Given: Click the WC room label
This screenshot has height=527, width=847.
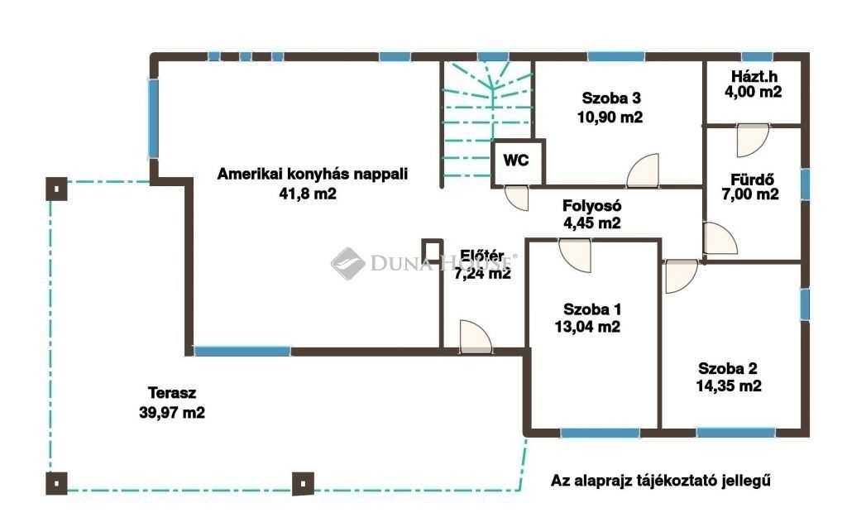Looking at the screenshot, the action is (x=516, y=160).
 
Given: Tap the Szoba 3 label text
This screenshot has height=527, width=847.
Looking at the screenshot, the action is (x=611, y=98).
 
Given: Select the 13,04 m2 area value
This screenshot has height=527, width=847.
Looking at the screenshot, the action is (x=587, y=327).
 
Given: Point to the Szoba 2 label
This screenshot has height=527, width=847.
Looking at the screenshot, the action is (x=728, y=368).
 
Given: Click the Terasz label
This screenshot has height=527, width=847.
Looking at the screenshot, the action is (x=172, y=392).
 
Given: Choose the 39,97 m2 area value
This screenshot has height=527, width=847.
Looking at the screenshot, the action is (x=172, y=412).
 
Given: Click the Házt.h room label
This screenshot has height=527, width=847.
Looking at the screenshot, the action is (x=754, y=75).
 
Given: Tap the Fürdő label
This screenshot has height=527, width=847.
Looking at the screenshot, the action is (x=752, y=179).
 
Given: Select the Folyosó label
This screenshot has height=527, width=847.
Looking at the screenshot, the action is (x=592, y=205).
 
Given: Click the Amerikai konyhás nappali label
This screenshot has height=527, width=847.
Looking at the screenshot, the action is (x=312, y=174).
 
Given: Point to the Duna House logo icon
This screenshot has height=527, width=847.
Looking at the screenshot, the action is (x=347, y=263).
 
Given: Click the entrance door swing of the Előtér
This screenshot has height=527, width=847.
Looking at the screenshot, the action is (x=476, y=338).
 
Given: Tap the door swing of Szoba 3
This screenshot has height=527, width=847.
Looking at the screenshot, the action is (x=643, y=170).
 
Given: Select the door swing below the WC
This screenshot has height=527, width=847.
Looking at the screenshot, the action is (x=517, y=198).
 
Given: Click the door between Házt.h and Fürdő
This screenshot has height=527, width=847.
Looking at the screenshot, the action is (x=753, y=141).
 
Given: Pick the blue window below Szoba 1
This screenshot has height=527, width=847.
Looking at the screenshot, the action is (x=600, y=433).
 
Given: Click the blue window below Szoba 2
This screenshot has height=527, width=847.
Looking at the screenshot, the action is (x=735, y=433).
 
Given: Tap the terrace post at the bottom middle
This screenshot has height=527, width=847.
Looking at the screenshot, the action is (x=303, y=484).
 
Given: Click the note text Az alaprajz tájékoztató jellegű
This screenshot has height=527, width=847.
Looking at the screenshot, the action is (x=661, y=481).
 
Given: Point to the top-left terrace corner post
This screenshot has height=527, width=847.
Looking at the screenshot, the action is (x=56, y=189).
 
